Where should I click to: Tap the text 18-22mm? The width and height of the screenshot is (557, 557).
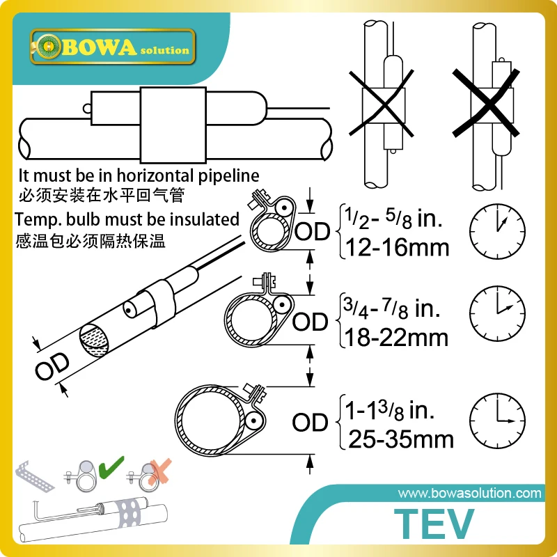coord(393,339)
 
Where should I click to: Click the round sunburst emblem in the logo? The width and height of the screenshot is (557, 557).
coord(49,47)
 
